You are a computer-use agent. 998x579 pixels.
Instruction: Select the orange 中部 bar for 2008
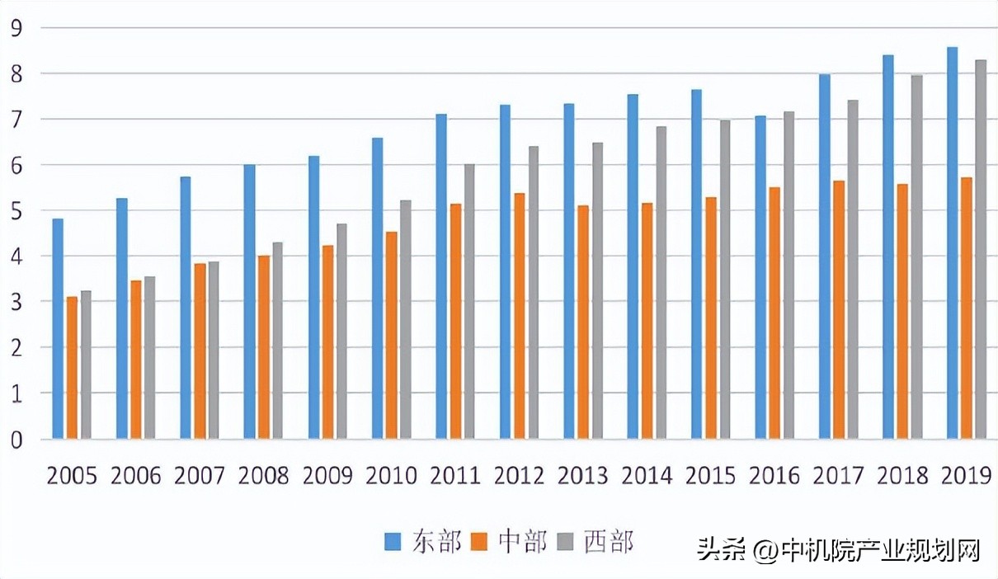click(263, 347)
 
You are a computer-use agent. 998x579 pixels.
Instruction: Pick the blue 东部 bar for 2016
click(760, 277)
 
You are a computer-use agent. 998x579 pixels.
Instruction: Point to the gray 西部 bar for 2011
click(469, 301)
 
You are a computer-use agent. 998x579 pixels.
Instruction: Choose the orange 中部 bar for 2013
click(583, 322)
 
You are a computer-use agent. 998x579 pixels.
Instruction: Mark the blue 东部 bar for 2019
click(952, 242)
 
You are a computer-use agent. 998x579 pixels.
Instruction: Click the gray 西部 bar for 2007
click(214, 350)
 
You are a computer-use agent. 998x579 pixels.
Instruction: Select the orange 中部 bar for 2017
click(838, 309)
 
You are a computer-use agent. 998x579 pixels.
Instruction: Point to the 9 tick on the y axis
click(16, 28)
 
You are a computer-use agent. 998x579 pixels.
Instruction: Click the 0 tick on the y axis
click(16, 440)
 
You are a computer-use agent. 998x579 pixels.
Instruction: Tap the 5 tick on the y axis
click(16, 211)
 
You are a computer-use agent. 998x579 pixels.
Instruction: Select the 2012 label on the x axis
click(519, 476)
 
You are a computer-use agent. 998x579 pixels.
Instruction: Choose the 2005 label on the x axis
click(72, 476)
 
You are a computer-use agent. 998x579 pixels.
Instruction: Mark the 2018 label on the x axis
click(902, 476)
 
